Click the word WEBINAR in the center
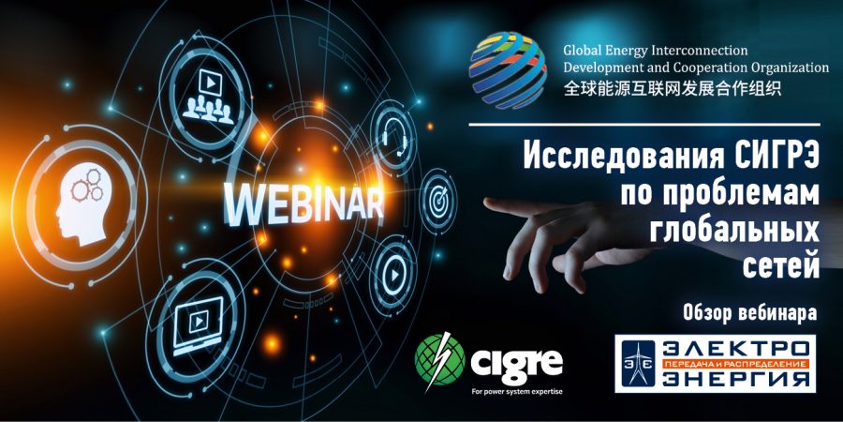(x=303, y=205)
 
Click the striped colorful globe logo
(x=508, y=68)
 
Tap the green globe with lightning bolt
(x=439, y=359)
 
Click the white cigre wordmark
(x=517, y=363)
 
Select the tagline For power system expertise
(x=516, y=391)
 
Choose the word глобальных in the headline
(x=734, y=232)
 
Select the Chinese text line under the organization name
(x=673, y=87)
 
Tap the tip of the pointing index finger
(x=486, y=203)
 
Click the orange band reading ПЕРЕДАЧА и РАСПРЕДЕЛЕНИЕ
(x=736, y=364)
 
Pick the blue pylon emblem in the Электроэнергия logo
(x=638, y=363)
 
